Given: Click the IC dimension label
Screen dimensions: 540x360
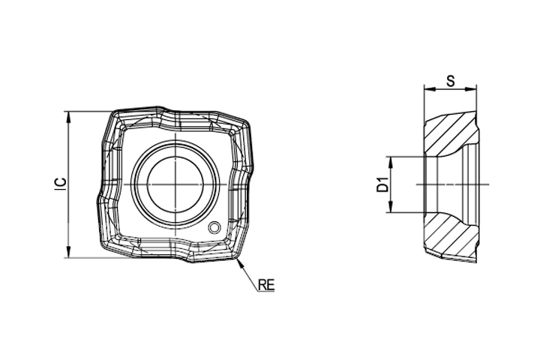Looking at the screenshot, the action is pos(61,184).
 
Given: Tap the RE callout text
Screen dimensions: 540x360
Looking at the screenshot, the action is pos(266,284).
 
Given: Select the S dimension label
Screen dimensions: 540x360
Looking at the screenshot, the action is pos(451,81).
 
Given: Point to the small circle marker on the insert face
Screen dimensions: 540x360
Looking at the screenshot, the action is pos(214,227).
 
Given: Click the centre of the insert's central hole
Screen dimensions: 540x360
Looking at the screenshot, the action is pos(175,184).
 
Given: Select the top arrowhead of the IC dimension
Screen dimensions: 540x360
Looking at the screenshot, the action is pos(69,118).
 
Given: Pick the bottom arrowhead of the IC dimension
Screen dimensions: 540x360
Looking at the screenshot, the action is pos(69,251).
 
